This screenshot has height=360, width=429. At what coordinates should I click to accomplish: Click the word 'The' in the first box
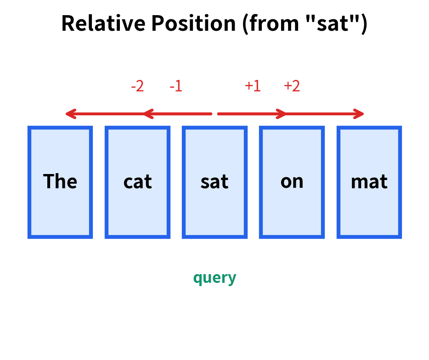60,182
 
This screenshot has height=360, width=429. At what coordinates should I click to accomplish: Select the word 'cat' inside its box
137,182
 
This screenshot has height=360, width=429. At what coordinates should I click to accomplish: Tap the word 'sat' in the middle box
214,182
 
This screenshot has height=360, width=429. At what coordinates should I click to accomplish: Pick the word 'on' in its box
292,182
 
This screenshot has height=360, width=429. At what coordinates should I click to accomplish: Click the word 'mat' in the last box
369,182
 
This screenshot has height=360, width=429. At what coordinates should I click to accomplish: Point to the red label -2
137,86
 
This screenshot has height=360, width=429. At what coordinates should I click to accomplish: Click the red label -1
176,86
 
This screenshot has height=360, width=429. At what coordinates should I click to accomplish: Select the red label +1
253,86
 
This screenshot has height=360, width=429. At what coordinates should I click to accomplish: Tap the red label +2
292,86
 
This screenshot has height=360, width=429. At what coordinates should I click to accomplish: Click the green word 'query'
214,278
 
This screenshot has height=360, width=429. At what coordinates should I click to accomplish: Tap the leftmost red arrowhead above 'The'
70,113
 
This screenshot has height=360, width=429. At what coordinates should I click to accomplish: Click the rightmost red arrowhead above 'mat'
359,113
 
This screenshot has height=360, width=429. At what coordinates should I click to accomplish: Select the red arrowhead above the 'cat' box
147,113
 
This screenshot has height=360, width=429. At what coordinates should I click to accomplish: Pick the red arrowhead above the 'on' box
282,113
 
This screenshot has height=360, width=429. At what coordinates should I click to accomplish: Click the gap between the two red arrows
214,113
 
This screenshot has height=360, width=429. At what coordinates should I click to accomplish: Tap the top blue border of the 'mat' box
369,128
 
